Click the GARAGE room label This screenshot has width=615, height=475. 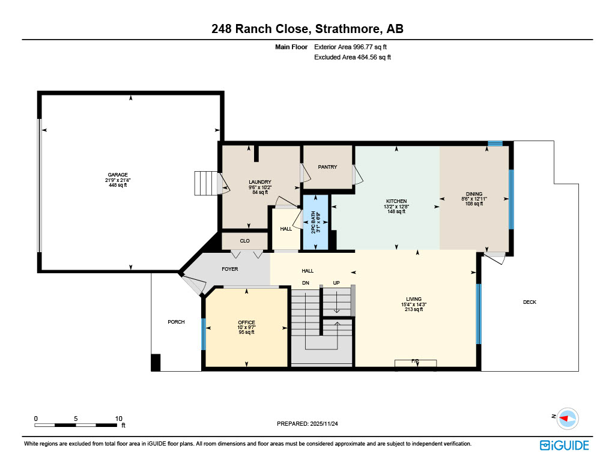[x=118, y=175]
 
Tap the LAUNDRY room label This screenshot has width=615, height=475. [x=260, y=182]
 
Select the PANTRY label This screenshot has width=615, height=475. [x=327, y=167]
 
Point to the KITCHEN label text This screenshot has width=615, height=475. [x=396, y=201]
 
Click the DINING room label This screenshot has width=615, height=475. [x=474, y=194]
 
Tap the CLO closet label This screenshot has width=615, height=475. [x=244, y=241]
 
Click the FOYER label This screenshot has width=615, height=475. [x=230, y=269]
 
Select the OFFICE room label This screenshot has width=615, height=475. [x=246, y=322]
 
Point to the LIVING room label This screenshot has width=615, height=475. [x=414, y=299]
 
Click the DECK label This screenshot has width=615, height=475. [x=529, y=302]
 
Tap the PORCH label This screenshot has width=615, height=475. [x=176, y=322]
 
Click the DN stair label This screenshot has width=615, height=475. [x=305, y=283]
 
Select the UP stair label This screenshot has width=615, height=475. [x=336, y=283]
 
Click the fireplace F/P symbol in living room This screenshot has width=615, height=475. [x=415, y=362]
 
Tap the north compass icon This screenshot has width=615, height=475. [x=567, y=418]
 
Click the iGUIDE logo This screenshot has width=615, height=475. [x=564, y=445]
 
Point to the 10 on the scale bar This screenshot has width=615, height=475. [x=118, y=418]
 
